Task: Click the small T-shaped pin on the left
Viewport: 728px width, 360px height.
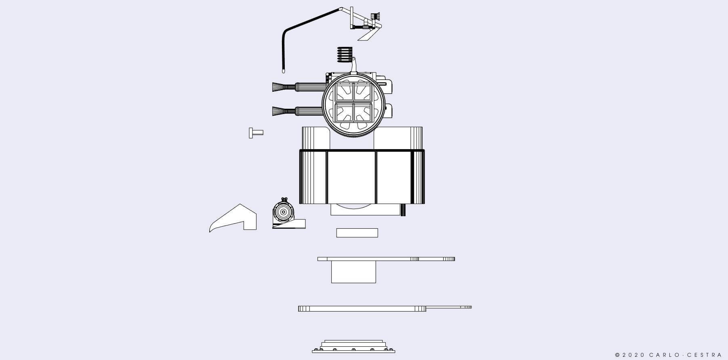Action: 256,133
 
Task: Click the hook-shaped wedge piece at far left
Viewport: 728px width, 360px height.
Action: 233,218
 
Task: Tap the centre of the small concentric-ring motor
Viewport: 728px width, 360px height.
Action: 283,212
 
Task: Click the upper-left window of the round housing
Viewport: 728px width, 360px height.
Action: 345,92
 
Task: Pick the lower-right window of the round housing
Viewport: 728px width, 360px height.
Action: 362,112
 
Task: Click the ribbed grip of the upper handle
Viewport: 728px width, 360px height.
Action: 310,87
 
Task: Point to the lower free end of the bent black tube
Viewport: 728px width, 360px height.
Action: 283,71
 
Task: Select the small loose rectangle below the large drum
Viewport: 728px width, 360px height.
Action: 357,233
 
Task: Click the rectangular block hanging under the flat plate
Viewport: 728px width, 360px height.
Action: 353,272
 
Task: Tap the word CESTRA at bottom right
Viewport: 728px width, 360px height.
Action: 705,355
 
